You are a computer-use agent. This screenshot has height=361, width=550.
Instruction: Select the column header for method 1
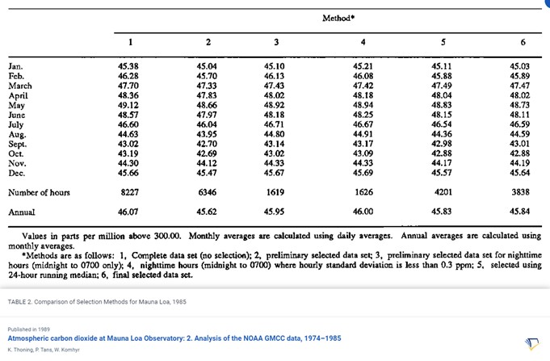point(131,42)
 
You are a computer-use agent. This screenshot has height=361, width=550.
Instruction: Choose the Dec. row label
point(17,173)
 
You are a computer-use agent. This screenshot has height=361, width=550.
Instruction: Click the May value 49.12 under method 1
point(130,105)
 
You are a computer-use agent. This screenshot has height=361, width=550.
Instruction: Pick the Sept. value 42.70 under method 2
point(208,144)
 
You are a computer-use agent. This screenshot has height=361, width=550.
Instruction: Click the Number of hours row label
point(39,193)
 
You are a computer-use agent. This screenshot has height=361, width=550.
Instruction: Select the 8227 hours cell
point(130,193)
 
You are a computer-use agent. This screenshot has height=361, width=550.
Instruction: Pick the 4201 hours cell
point(442,193)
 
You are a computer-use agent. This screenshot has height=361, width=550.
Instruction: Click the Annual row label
point(22,212)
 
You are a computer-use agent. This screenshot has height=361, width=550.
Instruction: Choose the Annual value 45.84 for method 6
point(521,212)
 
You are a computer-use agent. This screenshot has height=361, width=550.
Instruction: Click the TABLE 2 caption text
point(96,300)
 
